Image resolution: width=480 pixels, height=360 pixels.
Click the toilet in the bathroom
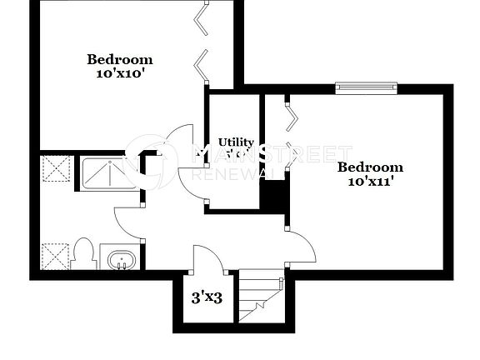pyautogui.click(x=83, y=252)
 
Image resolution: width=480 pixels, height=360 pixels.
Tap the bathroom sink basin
pyautogui.click(x=122, y=258)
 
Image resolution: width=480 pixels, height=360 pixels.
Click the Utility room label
pyautogui.click(x=236, y=142)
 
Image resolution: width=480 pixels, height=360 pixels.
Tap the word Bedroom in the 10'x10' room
pyautogui.click(x=121, y=59)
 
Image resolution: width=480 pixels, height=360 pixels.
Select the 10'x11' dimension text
pyautogui.click(x=370, y=181)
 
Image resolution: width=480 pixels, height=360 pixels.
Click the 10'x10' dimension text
pyautogui.click(x=121, y=73)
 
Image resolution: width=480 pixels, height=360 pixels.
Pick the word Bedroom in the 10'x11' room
pyautogui.click(x=370, y=167)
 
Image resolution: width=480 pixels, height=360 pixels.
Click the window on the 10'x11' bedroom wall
pyautogui.click(x=366, y=84)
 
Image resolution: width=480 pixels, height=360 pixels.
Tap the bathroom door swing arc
pyautogui.click(x=127, y=218)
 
